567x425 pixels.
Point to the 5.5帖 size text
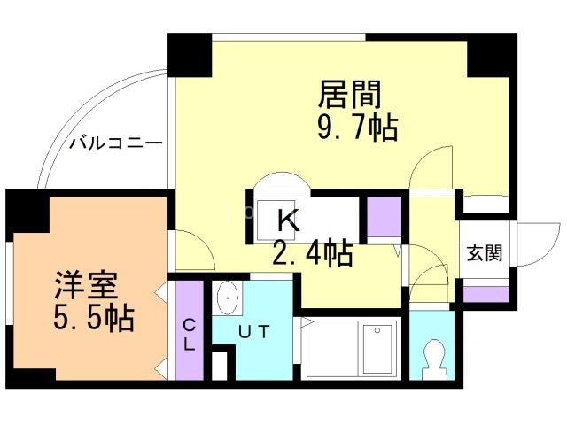[91, 316]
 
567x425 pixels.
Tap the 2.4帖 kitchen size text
[312, 255]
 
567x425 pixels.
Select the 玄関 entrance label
[485, 253]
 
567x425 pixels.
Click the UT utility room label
[254, 332]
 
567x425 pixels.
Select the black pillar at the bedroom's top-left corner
[27, 209]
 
